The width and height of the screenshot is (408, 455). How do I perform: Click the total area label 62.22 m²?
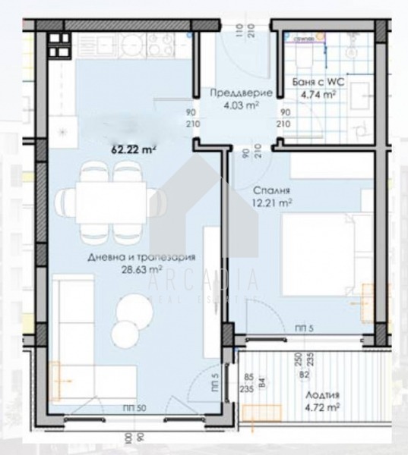pos(133,150)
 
